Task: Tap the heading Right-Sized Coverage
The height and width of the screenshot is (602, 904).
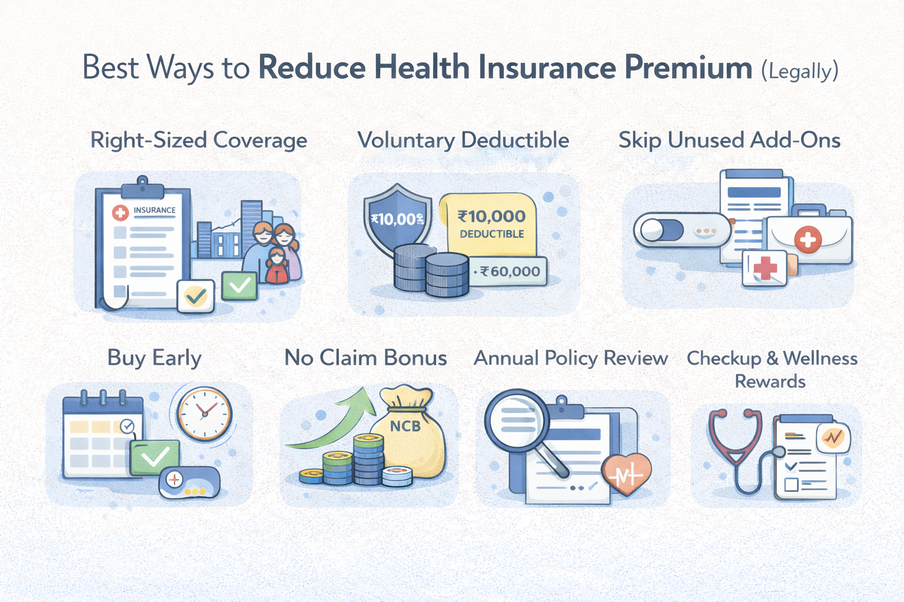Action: pos(199,141)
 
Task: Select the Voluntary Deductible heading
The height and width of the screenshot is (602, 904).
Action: pos(463,141)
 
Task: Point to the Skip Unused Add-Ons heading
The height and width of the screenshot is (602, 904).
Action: pos(729,141)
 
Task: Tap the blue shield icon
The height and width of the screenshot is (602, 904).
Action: pos(397,220)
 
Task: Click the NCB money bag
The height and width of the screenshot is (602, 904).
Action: pos(412,432)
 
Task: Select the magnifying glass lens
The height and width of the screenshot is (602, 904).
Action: pos(515,419)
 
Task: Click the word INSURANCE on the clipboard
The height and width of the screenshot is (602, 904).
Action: pos(154,210)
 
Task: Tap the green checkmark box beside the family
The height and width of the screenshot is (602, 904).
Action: pos(240,286)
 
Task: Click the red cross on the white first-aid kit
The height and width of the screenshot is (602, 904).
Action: pos(808,239)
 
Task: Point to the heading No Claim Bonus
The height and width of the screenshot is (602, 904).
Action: pos(365,358)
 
